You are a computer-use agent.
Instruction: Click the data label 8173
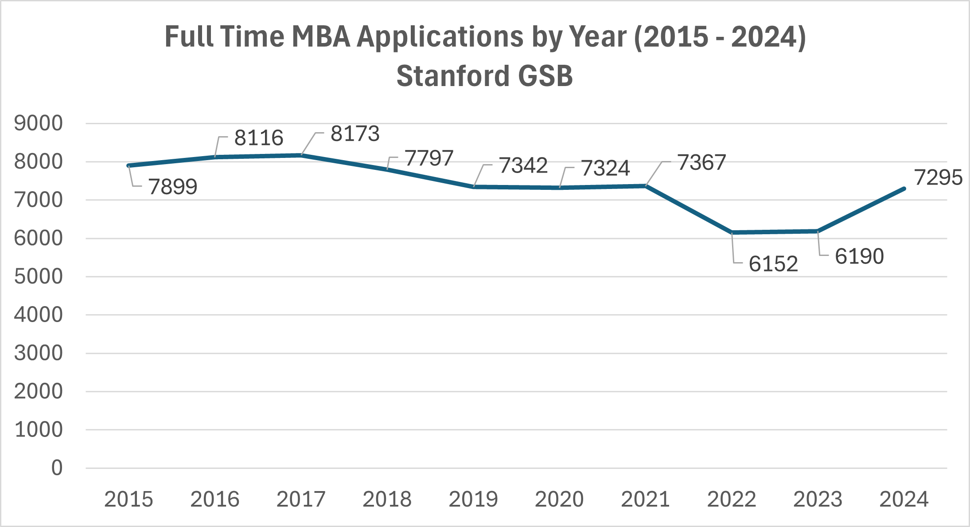[x=355, y=134]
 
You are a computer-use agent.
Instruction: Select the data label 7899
[x=173, y=187]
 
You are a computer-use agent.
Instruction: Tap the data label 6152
[x=773, y=264]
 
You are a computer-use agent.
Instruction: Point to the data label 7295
[x=938, y=177]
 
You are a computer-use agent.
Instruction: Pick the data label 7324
[x=605, y=168]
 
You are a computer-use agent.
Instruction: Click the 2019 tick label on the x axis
[x=473, y=499]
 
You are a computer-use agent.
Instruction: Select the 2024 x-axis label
[x=904, y=499]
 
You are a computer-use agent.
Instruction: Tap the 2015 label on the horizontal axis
[x=129, y=499]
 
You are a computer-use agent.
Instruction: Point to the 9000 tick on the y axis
[x=39, y=123]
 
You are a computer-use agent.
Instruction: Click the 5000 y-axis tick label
[x=39, y=277]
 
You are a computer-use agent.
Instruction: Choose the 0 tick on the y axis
[x=57, y=468]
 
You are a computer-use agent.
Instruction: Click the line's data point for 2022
[x=732, y=232]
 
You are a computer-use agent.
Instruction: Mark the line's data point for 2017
[x=301, y=155]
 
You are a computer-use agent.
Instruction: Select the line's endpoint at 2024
[x=904, y=189]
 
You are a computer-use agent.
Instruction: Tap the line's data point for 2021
[x=646, y=186]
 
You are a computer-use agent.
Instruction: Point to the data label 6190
[x=859, y=256]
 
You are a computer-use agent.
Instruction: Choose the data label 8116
[x=259, y=138]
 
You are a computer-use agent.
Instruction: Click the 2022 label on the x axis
[x=732, y=499]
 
